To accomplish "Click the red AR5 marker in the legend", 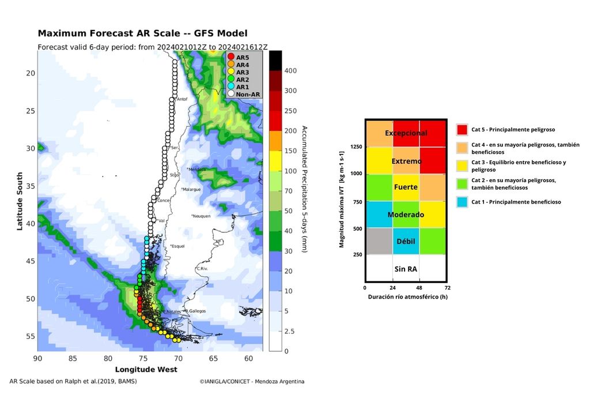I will click(231, 57).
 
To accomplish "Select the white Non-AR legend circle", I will click(231, 94).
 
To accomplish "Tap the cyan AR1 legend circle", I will click(231, 86).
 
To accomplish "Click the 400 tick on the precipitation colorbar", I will click(290, 70).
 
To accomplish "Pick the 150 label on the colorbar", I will click(290, 151).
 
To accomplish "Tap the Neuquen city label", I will click(201, 216).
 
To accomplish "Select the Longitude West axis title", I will click(146, 369).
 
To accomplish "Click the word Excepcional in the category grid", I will click(406, 133).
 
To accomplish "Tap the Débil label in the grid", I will click(406, 241).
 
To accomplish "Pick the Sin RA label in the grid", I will click(406, 269).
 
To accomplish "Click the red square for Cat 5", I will click(462, 130).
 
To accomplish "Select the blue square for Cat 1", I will click(462, 202).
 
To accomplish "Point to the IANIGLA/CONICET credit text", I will click(252, 382).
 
